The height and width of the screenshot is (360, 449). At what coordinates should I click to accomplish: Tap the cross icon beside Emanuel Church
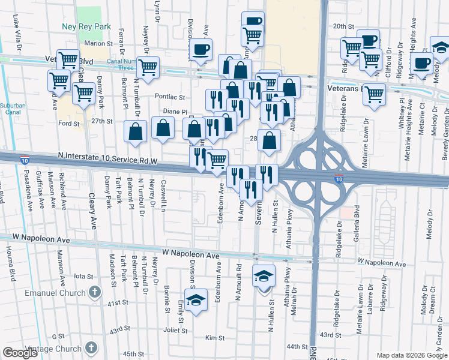pos(94,292)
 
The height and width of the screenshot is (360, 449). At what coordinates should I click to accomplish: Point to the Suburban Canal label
pos(13,109)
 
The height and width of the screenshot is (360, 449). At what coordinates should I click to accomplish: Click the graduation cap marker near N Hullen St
pos(264,276)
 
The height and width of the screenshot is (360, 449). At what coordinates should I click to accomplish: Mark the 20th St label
pos(344,26)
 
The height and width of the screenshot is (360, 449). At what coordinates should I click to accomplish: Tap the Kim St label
pos(210,338)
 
